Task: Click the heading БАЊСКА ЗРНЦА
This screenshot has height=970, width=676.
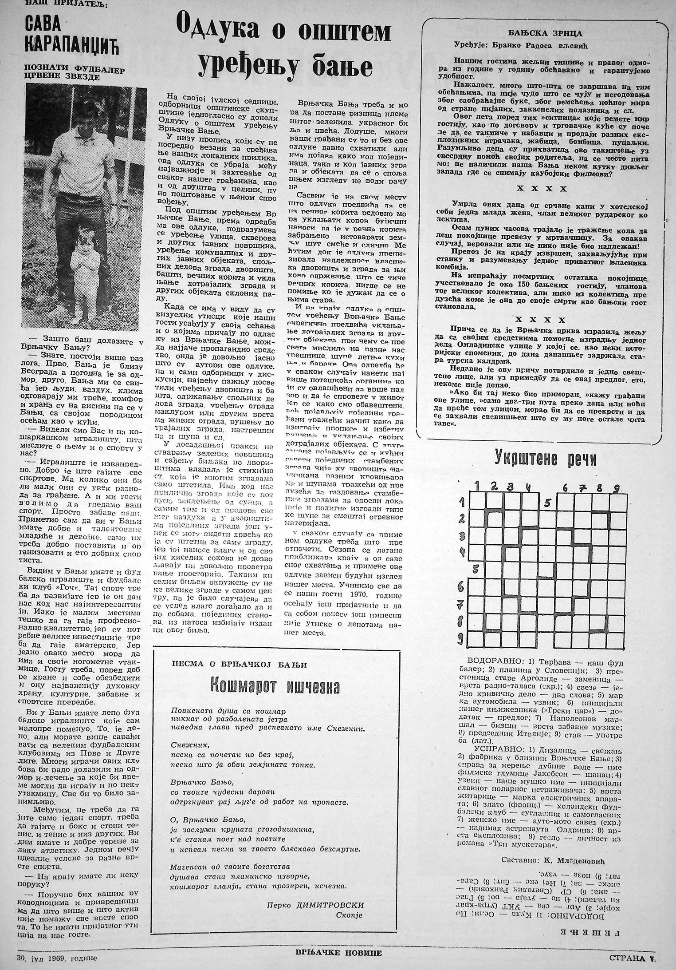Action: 539,33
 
